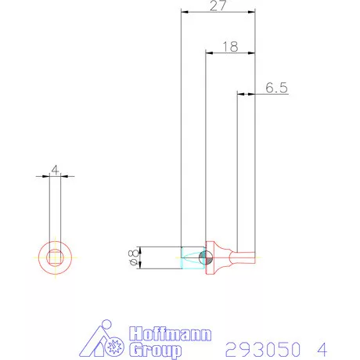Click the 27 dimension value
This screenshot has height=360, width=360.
(x=218, y=5)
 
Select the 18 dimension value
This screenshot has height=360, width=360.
(x=229, y=46)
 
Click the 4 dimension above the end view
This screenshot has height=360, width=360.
(x=55, y=169)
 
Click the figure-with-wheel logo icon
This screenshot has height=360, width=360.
(x=103, y=340)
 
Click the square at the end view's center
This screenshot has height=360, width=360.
(x=55, y=257)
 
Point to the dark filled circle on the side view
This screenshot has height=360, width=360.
(x=205, y=258)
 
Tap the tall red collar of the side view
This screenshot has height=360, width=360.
(x=209, y=258)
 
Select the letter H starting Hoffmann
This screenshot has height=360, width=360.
(x=132, y=333)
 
